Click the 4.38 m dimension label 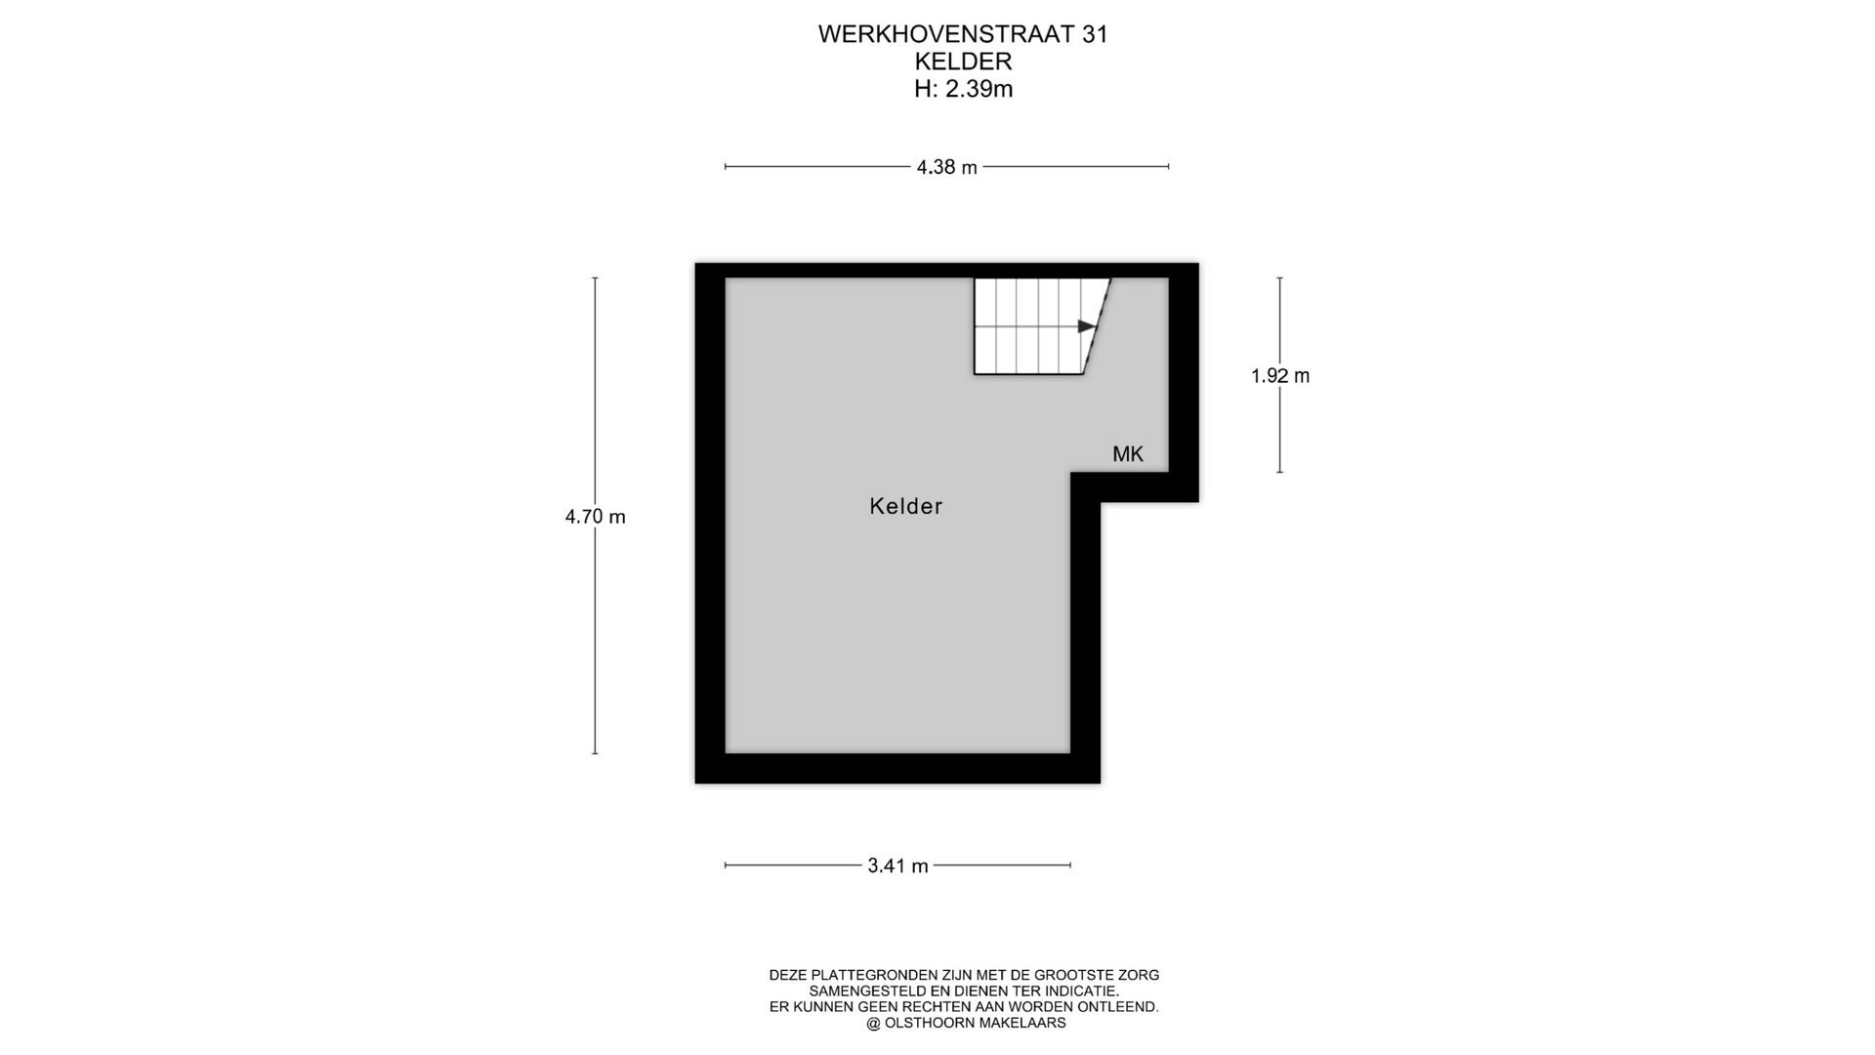[x=946, y=167]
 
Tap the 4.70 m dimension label [x=595, y=517]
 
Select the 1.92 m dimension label [x=1280, y=376]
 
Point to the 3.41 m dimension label [x=897, y=865]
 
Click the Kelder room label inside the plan [x=906, y=506]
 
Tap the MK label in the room [x=1128, y=454]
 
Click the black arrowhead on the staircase [x=1086, y=326]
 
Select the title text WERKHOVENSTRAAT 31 [x=963, y=34]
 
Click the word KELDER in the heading [x=963, y=62]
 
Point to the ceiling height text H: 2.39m [x=963, y=89]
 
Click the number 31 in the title [x=1095, y=34]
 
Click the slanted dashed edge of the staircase [x=1097, y=326]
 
